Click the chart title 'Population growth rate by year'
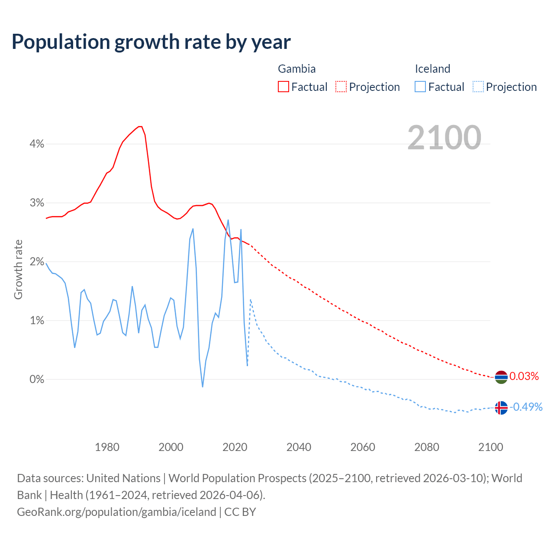tap(151, 42)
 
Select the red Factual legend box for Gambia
tap(283, 87)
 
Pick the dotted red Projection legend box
tap(341, 87)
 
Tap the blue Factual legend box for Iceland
tap(420, 87)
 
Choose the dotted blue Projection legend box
tap(478, 87)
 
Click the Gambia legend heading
tap(296, 69)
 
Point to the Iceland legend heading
tap(432, 69)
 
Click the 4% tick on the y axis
tap(37, 144)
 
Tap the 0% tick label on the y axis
tap(37, 380)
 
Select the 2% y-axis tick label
tap(37, 262)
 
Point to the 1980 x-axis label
tap(107, 447)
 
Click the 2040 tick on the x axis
tap(299, 447)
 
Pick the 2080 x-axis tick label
tap(427, 447)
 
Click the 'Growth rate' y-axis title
tap(18, 269)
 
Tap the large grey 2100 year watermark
tap(444, 137)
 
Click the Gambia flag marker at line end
tap(501, 377)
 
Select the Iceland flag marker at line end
tap(501, 408)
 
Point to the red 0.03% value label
tap(524, 377)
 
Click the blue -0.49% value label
tap(526, 407)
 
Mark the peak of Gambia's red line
tap(140, 126)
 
